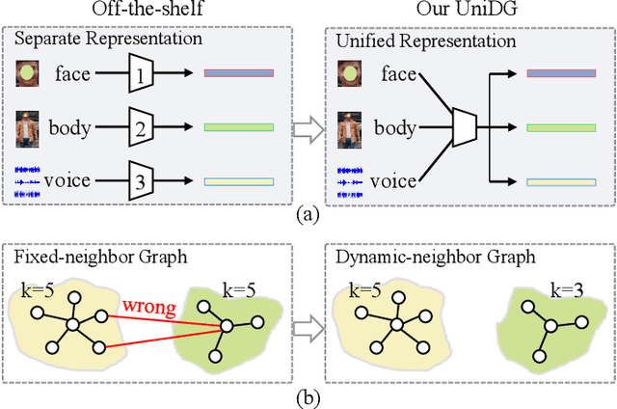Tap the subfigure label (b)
point(308,395)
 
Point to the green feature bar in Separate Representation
point(239,126)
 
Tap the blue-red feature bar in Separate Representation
point(239,72)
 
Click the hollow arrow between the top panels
point(308,127)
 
